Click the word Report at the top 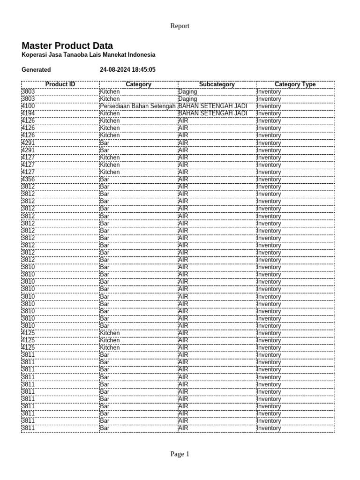180,26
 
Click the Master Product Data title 67,46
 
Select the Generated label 36,70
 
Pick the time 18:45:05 144,70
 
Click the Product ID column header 60,84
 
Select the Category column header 138,84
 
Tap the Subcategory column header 217,84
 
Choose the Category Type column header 295,84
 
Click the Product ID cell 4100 28,106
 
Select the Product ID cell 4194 28,113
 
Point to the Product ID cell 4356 28,180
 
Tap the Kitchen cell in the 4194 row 110,113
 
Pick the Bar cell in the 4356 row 105,180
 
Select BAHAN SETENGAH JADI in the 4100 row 213,106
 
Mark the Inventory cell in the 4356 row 269,180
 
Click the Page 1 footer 180,454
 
